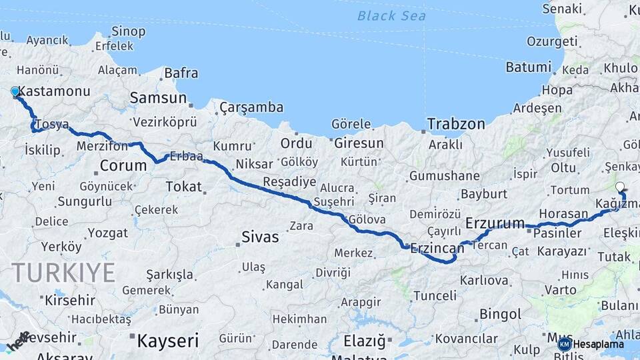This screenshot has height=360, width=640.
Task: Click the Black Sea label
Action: click(x=391, y=15)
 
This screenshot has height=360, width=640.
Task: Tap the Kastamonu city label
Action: click(x=55, y=91)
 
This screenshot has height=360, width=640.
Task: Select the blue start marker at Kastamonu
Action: click(x=15, y=91)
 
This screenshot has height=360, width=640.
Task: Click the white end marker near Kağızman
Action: click(x=620, y=187)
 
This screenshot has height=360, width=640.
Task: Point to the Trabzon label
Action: click(x=456, y=124)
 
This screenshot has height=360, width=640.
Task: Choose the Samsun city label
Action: click(x=158, y=98)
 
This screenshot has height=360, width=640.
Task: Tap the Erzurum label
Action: click(x=495, y=223)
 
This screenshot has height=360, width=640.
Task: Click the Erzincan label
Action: click(x=437, y=248)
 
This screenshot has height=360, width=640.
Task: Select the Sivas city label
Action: click(x=260, y=237)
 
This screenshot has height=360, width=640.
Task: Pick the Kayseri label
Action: click(x=167, y=341)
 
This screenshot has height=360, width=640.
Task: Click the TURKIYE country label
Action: click(x=63, y=273)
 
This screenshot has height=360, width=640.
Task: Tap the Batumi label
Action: click(x=529, y=67)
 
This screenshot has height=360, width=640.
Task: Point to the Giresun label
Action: click(x=359, y=143)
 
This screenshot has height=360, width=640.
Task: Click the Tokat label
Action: click(x=183, y=187)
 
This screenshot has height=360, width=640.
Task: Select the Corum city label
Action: click(x=123, y=165)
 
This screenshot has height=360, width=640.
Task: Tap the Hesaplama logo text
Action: click(x=599, y=344)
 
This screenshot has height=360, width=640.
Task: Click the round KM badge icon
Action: click(x=565, y=344)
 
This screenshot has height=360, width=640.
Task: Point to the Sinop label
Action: click(x=128, y=31)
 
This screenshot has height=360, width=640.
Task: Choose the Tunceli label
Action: click(x=435, y=295)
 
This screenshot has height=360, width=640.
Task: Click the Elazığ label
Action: click(x=365, y=341)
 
